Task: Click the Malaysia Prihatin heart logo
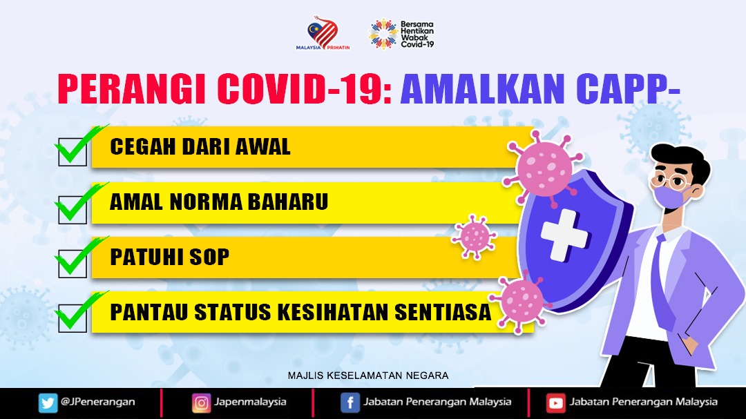323,32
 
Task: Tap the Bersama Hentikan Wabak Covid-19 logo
401,34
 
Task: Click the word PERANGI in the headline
132,88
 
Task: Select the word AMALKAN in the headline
482,88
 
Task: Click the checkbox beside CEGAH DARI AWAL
73,152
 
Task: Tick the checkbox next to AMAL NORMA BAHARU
73,210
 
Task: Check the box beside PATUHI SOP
73,264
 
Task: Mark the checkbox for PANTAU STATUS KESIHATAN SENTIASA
73,318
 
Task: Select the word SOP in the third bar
209,257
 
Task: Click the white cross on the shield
565,235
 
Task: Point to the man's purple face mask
670,196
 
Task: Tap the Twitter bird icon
48,403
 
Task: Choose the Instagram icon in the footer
201,403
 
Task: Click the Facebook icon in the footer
350,403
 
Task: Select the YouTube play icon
555,403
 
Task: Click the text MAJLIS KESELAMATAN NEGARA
368,376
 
